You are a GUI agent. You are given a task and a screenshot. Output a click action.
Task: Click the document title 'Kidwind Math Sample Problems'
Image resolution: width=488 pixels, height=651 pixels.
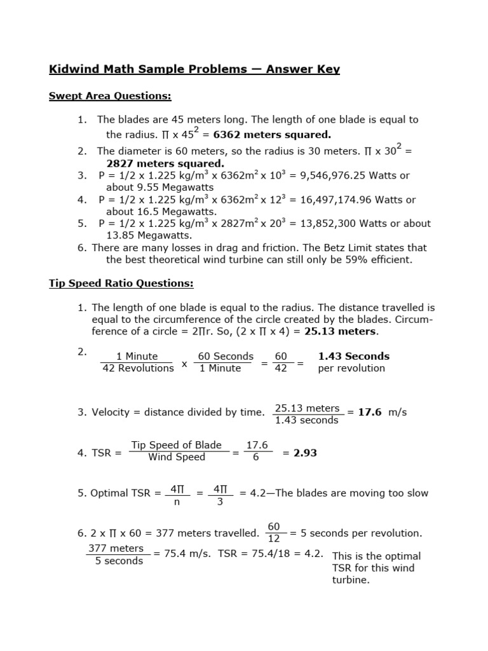[148, 69]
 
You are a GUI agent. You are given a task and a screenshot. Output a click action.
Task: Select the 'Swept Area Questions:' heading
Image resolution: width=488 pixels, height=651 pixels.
[110, 96]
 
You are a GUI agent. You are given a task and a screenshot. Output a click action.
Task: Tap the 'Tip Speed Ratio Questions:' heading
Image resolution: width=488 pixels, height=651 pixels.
[121, 283]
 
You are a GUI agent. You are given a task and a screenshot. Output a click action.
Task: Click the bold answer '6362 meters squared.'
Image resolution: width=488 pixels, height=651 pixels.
[272, 134]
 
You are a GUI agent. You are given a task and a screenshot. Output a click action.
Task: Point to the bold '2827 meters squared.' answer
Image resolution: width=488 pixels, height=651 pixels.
[165, 163]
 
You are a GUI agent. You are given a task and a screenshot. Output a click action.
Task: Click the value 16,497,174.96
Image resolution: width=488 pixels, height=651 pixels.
[331, 200]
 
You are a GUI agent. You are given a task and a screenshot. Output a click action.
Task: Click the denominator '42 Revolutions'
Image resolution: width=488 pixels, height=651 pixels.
[138, 369]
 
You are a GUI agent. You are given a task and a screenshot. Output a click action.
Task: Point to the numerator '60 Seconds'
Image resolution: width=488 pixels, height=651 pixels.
[226, 357]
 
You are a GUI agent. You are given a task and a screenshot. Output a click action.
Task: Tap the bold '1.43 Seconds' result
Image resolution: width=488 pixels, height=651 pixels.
[353, 356]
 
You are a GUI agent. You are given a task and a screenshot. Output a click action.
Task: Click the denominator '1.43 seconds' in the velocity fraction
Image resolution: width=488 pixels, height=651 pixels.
[307, 421]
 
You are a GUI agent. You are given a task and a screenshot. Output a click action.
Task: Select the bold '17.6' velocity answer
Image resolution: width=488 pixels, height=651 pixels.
[370, 412]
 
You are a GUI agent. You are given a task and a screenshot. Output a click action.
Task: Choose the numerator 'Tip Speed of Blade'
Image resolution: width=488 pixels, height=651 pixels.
[176, 445]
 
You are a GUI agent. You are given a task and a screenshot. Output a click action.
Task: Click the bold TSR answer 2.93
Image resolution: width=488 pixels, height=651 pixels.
[304, 453]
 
